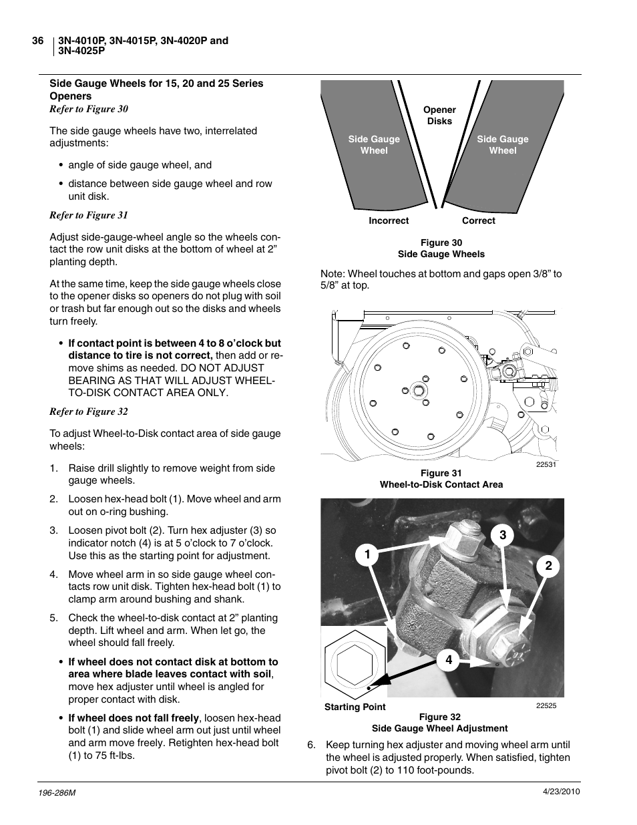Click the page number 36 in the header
point(38,41)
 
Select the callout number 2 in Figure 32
point(548,566)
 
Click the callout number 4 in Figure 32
point(449,660)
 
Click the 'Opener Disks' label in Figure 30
point(439,116)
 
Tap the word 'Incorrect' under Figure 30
point(389,221)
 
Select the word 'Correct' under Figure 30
point(478,221)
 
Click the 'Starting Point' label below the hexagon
point(355,707)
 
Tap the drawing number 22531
point(546,465)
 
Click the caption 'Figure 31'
point(441,474)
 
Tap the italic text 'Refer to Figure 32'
point(89,411)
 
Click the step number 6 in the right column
point(310,745)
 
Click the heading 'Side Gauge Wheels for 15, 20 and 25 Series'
point(156,84)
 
